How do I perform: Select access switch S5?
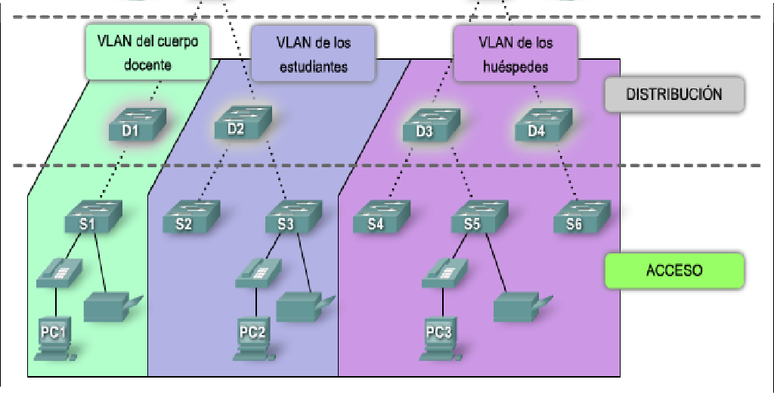coord(479,217)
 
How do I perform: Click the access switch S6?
coord(580,217)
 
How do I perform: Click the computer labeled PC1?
coord(55,337)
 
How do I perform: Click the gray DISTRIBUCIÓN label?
coord(674,95)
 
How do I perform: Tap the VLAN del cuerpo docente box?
coord(147,52)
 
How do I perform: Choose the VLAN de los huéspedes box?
coord(515,54)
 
